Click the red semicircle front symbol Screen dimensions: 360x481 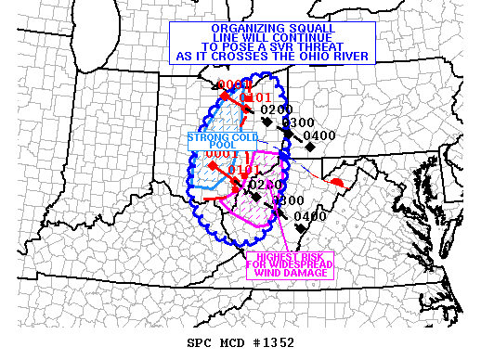pos(341,181)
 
